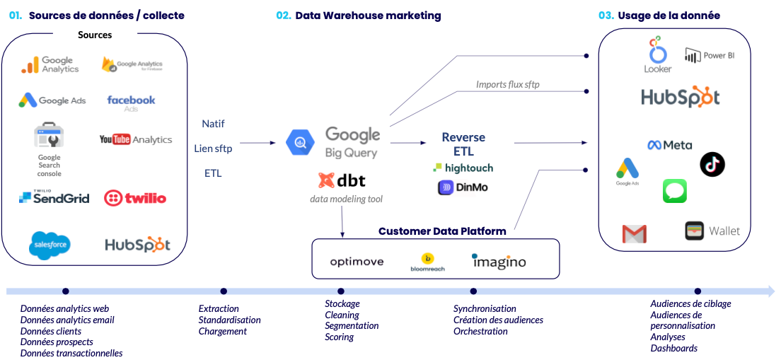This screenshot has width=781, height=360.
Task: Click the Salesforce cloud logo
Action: click(x=50, y=245)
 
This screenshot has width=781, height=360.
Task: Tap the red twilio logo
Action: click(x=134, y=198)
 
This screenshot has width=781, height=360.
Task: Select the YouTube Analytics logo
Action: click(x=135, y=139)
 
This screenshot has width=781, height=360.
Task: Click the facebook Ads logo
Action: click(x=131, y=103)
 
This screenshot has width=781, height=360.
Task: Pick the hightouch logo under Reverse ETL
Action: click(x=463, y=168)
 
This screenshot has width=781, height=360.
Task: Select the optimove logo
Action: click(x=357, y=262)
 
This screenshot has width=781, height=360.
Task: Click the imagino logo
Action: click(x=499, y=261)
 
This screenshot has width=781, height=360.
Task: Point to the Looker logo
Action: click(x=657, y=55)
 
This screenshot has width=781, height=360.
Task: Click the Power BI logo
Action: click(x=710, y=55)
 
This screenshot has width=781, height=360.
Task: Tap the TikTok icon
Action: click(x=712, y=164)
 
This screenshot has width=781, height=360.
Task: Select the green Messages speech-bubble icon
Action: click(x=674, y=191)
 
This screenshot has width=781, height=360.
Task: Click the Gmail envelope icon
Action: click(x=634, y=233)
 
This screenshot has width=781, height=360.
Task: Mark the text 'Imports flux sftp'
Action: click(x=508, y=85)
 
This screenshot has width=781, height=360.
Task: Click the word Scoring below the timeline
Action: click(x=339, y=337)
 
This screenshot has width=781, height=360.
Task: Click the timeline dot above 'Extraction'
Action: click(x=224, y=291)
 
